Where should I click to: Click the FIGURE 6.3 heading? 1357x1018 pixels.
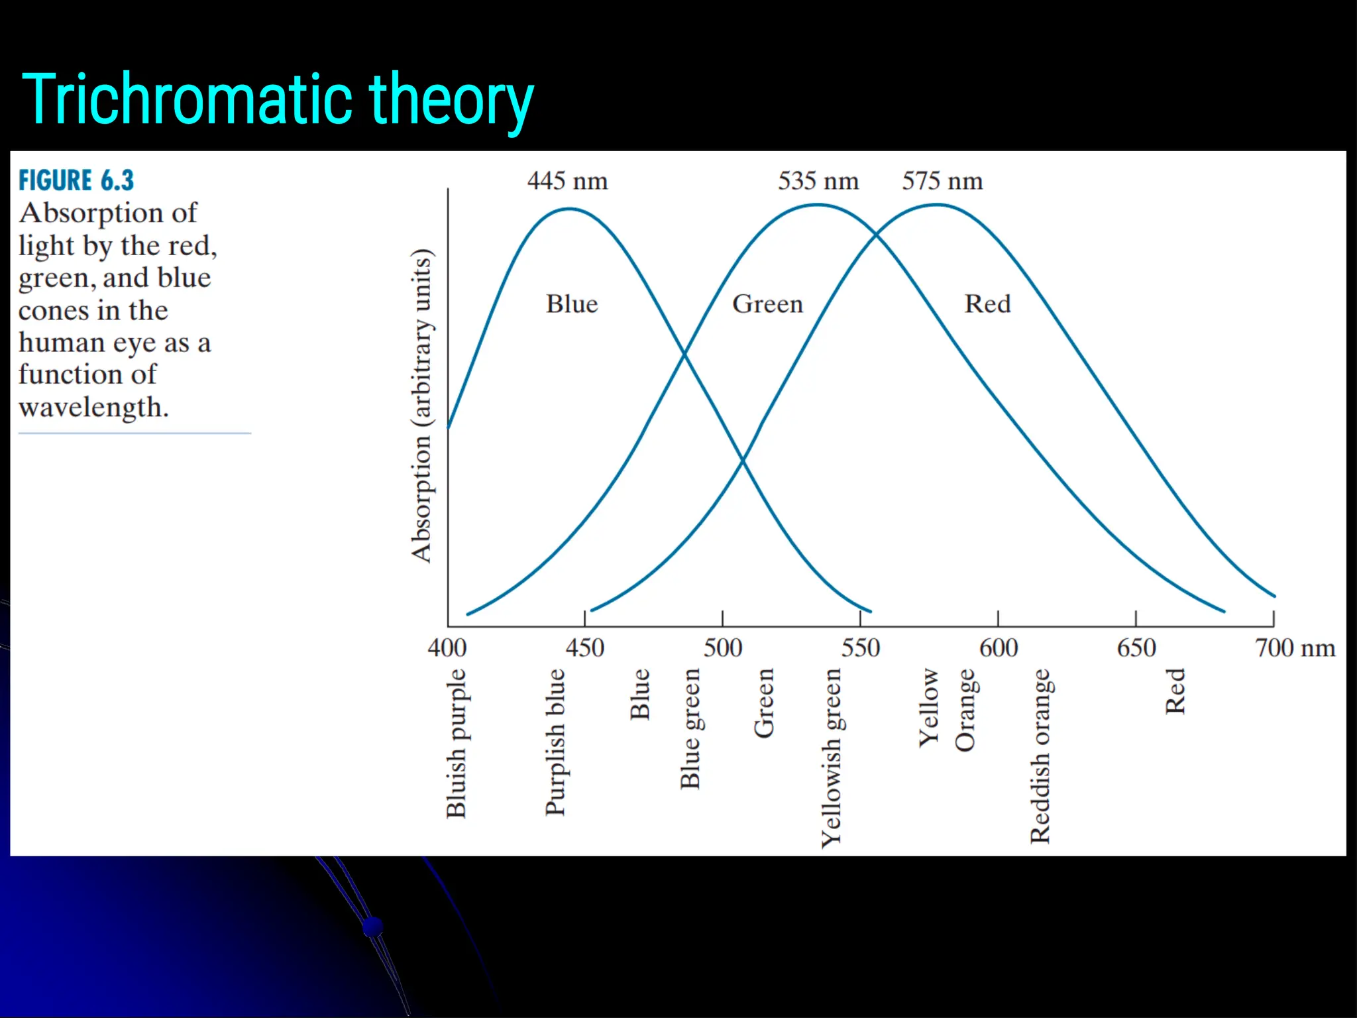(x=76, y=180)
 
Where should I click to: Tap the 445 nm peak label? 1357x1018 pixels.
(x=567, y=181)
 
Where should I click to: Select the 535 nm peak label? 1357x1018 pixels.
(x=818, y=181)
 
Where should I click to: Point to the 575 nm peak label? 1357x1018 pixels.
(x=942, y=181)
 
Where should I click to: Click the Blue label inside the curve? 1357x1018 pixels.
(x=572, y=304)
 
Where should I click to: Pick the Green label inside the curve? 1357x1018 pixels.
(x=767, y=304)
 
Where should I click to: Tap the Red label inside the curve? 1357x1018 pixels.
(x=987, y=304)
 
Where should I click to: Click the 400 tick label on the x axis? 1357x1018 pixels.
(x=447, y=648)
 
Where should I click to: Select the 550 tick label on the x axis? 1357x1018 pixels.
(x=860, y=648)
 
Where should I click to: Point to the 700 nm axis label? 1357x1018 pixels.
(x=1295, y=648)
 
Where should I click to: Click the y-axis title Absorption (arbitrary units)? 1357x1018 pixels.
(x=421, y=406)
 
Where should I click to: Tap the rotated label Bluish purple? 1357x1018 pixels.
(x=456, y=744)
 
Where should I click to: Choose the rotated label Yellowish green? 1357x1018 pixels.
(x=831, y=758)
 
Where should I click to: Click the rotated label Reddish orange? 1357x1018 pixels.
(x=1040, y=756)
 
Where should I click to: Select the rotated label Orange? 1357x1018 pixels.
(x=965, y=710)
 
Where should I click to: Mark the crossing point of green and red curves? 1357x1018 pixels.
(x=877, y=233)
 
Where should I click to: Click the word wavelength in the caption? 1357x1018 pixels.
(x=93, y=407)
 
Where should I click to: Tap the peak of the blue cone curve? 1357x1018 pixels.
(x=569, y=209)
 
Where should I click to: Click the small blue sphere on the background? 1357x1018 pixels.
(x=373, y=926)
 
